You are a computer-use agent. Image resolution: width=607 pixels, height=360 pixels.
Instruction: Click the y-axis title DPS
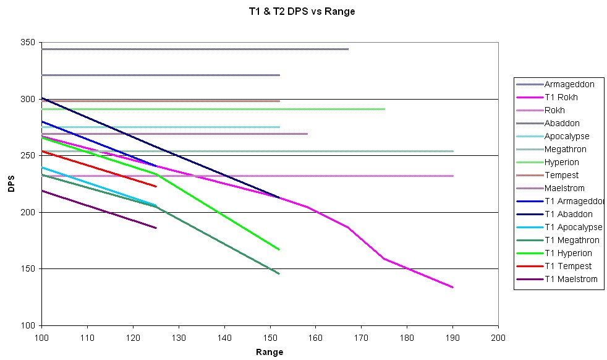coord(12,184)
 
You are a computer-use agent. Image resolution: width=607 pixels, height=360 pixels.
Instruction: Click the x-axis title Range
coord(270,353)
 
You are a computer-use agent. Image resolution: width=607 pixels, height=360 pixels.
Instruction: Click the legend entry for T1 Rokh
coord(561,97)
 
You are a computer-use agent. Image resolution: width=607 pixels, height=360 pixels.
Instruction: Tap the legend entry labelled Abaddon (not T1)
coord(562,123)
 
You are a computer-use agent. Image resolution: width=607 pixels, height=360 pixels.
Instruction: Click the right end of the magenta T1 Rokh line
coord(453,287)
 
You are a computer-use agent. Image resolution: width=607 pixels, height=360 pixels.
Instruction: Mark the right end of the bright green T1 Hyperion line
coord(279,249)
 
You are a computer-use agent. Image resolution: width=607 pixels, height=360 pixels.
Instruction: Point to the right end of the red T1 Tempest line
coord(156,186)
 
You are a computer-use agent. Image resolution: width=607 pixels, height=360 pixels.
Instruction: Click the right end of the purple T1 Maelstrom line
coord(156,228)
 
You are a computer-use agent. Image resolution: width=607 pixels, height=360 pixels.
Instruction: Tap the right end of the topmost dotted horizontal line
coord(348,49)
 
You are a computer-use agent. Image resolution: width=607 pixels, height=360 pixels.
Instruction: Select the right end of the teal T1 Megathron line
coord(279,273)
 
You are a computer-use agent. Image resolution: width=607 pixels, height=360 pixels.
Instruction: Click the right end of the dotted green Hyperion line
coord(384,109)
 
